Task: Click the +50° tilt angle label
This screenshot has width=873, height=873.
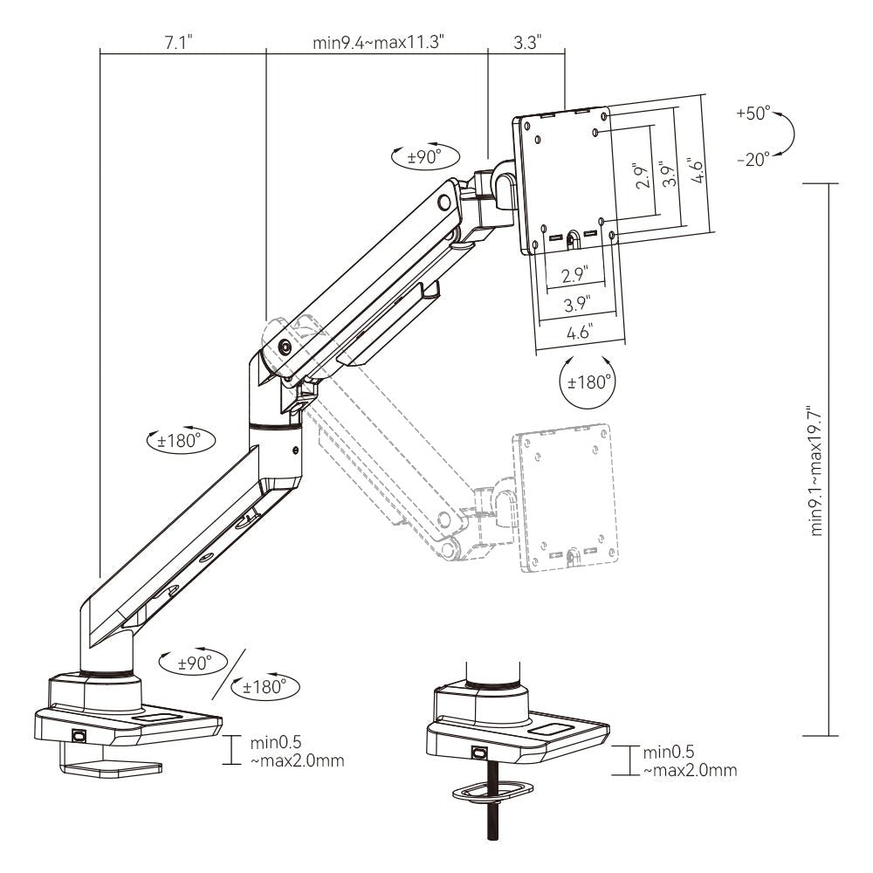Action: (x=753, y=113)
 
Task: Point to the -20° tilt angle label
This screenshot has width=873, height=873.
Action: (x=753, y=159)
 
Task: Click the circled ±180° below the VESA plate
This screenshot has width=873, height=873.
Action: (x=587, y=382)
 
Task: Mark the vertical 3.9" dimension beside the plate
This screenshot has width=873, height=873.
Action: (x=668, y=175)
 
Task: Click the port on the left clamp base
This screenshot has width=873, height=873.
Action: (x=79, y=736)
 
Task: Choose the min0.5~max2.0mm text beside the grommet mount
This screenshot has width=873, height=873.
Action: (x=690, y=761)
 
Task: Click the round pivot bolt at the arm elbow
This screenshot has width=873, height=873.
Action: (x=285, y=346)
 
